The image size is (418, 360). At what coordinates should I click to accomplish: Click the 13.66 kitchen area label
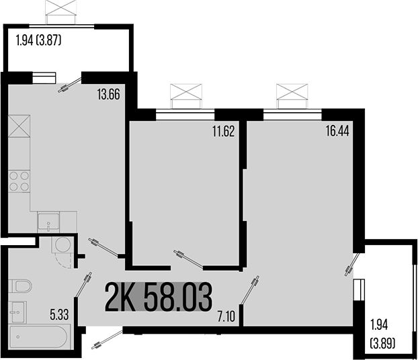(108, 95)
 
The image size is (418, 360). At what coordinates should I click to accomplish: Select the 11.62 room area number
(222, 132)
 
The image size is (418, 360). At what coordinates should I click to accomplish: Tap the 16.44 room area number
(338, 132)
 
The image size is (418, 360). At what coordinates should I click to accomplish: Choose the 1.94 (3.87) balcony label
(38, 40)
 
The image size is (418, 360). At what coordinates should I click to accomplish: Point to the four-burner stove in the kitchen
(19, 181)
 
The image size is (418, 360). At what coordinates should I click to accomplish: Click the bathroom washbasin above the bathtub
(17, 312)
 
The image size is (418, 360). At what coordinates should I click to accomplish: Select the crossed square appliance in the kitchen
(19, 127)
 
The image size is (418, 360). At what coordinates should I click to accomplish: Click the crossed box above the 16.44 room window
(290, 92)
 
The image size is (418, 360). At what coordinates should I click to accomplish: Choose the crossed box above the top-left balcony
(59, 11)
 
